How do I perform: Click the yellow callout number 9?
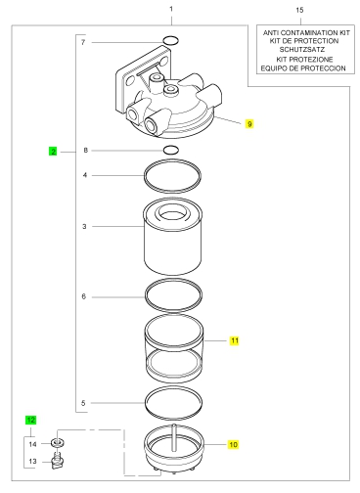249,124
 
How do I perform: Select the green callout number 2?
53,152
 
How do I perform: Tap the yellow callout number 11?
235,340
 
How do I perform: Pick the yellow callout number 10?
233,444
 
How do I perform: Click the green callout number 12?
31,420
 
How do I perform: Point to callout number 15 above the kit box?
299,10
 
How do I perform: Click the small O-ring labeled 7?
171,41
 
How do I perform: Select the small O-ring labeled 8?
171,150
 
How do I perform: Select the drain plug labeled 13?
58,462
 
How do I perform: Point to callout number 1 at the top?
171,9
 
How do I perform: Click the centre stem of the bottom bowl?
174,437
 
